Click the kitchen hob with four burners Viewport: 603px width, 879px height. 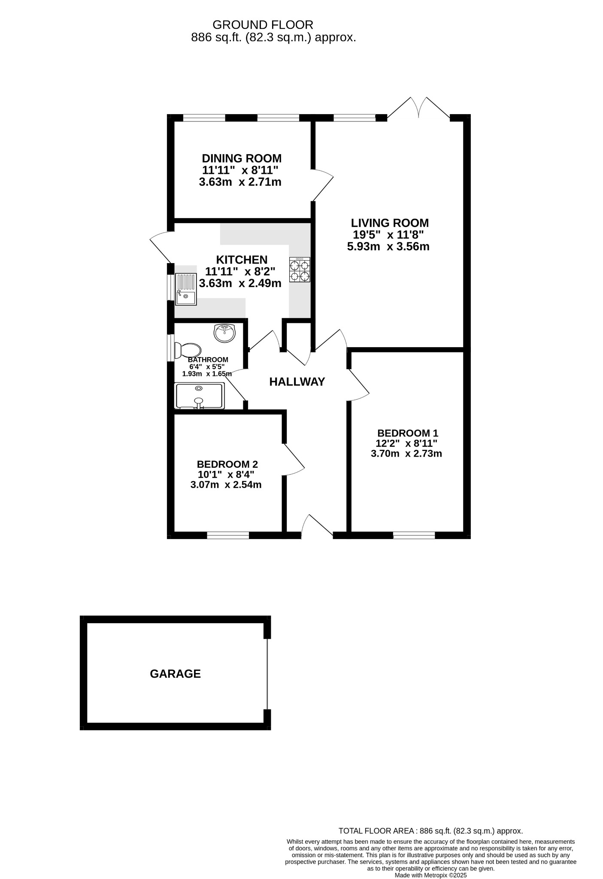point(300,270)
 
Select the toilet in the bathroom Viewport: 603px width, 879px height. point(189,350)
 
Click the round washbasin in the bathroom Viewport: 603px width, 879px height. point(224,333)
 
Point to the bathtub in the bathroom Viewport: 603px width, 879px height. point(199,395)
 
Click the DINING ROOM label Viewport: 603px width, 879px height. point(242,158)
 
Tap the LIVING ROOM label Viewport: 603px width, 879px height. point(390,223)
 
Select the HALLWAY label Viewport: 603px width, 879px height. point(297,382)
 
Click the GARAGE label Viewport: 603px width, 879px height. point(175,674)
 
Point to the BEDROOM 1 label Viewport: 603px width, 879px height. point(408,433)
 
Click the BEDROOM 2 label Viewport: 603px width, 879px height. point(227,464)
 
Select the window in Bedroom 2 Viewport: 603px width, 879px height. point(228,535)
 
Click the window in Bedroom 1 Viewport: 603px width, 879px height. point(414,535)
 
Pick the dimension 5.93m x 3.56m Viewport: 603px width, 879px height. point(388,247)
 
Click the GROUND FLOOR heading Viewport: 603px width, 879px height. point(263,25)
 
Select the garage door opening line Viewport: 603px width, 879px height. point(267,673)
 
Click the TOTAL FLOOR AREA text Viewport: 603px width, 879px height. point(430,831)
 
